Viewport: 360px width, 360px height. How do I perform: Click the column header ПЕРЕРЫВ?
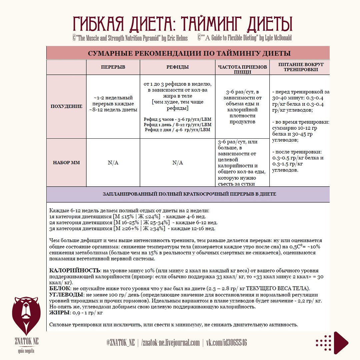click(x=113, y=67)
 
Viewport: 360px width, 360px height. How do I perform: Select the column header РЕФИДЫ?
click(x=177, y=67)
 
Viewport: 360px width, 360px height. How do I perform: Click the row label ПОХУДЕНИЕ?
click(x=66, y=106)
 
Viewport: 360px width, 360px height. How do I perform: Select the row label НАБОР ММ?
click(x=66, y=163)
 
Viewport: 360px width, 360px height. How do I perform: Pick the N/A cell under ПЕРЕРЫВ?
click(x=113, y=163)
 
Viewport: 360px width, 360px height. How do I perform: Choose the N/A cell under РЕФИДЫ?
click(x=177, y=163)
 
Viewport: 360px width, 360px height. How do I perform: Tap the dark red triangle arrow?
click(x=341, y=342)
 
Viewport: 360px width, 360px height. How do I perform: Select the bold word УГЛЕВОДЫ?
click(x=66, y=295)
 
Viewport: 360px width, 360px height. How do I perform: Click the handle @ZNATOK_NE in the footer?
click(x=121, y=343)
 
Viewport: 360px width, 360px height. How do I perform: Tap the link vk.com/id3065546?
click(x=227, y=343)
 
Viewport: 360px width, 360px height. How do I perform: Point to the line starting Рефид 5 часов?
click(x=177, y=119)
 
